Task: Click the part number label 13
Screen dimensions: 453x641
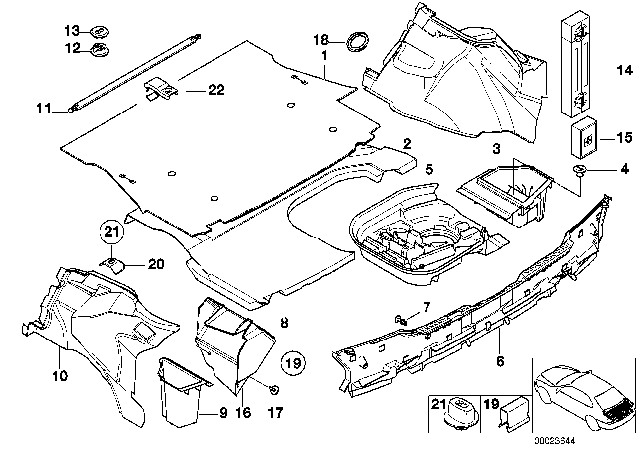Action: pyautogui.click(x=71, y=31)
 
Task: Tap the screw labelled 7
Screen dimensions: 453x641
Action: pyautogui.click(x=402, y=320)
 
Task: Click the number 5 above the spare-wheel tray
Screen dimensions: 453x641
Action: pyautogui.click(x=429, y=169)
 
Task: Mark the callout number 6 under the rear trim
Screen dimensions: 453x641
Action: pyautogui.click(x=500, y=361)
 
